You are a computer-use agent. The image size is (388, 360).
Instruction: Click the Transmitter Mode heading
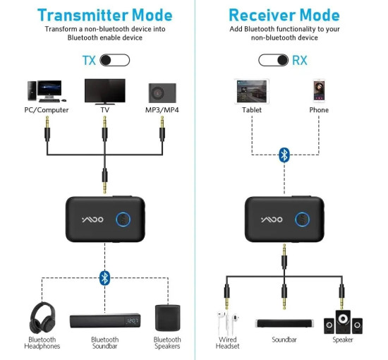(104, 14)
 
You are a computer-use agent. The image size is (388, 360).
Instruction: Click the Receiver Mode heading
(284, 14)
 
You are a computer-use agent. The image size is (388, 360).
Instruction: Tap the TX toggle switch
(115, 60)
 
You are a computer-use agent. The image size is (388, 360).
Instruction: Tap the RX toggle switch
(274, 60)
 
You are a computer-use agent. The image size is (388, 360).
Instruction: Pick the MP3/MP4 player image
(162, 92)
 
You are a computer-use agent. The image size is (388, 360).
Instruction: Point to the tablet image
(251, 90)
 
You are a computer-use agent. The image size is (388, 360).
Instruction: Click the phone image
(319, 90)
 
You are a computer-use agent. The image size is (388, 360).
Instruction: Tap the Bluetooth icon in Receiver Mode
(284, 155)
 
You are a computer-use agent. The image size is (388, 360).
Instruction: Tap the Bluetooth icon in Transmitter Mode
(104, 277)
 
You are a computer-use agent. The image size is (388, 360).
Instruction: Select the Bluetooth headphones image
(42, 318)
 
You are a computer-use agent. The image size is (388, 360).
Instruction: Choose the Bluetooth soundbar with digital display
(104, 321)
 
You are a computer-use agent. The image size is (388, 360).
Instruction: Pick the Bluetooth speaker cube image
(167, 318)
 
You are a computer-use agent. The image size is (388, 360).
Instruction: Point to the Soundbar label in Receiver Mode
(284, 340)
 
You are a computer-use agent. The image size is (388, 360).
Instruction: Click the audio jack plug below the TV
(104, 131)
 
